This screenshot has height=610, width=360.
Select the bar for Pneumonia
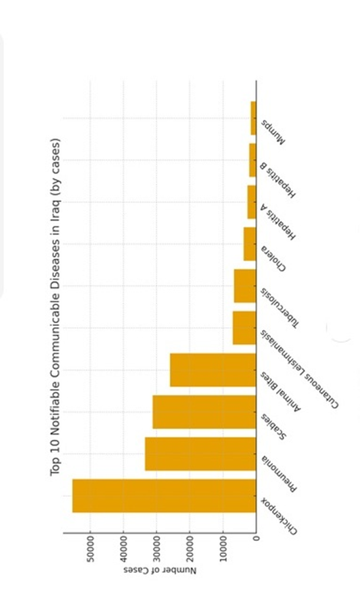pyautogui.click(x=201, y=454)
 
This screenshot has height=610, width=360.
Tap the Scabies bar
pyautogui.click(x=204, y=412)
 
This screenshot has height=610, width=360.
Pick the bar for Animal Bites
pyautogui.click(x=213, y=370)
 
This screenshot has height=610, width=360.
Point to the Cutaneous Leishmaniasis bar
pyautogui.click(x=244, y=328)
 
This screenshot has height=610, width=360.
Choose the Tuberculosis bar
pyautogui.click(x=245, y=286)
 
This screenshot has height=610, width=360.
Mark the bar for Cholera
pyautogui.click(x=250, y=244)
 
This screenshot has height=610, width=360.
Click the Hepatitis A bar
pyautogui.click(x=252, y=203)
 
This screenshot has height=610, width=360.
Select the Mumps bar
pyautogui.click(x=253, y=119)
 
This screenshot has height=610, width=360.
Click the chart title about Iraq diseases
pyautogui.click(x=56, y=306)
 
